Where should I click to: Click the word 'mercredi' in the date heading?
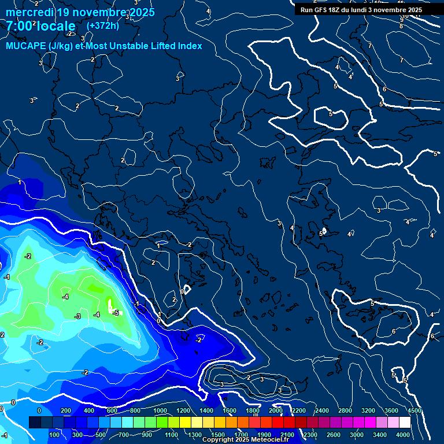(x=29, y=12)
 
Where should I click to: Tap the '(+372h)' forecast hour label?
(x=102, y=25)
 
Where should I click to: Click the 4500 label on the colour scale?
(x=414, y=410)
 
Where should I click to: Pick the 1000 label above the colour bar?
(x=160, y=410)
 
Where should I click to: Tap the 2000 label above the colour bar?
(x=276, y=410)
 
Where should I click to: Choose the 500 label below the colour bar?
(x=101, y=435)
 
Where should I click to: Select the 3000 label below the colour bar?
(x=357, y=435)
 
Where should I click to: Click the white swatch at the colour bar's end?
(x=405, y=423)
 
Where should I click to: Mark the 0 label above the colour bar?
(x=39, y=410)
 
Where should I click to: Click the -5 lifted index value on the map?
(x=116, y=313)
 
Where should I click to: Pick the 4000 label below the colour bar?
(x=403, y=435)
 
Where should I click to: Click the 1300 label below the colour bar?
(x=195, y=435)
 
